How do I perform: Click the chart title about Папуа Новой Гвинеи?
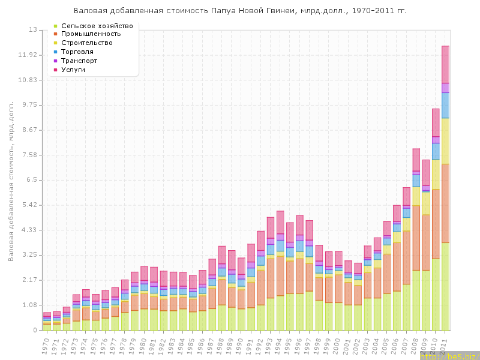pyautogui.click(x=239, y=11)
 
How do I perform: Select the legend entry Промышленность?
pyautogui.click(x=95, y=34)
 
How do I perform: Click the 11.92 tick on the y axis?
pyautogui.click(x=28, y=55)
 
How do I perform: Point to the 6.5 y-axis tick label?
pyautogui.click(x=31, y=180)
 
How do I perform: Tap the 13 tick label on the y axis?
pyautogui.click(x=32, y=30)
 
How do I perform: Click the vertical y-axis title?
pyautogui.click(x=11, y=180)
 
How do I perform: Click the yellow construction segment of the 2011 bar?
pyautogui.click(x=446, y=141)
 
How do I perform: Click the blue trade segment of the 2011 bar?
pyautogui.click(x=446, y=105)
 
